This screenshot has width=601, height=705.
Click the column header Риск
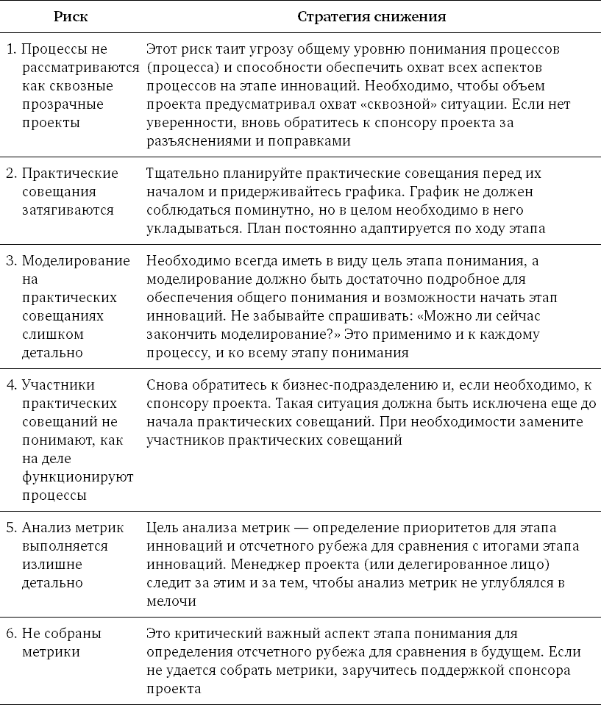point(71,16)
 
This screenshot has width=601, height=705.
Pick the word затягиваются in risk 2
point(67,210)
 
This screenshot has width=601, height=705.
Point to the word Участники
point(58,385)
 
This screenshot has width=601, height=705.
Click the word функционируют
point(77,477)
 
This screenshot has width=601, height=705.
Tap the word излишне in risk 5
point(51,565)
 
